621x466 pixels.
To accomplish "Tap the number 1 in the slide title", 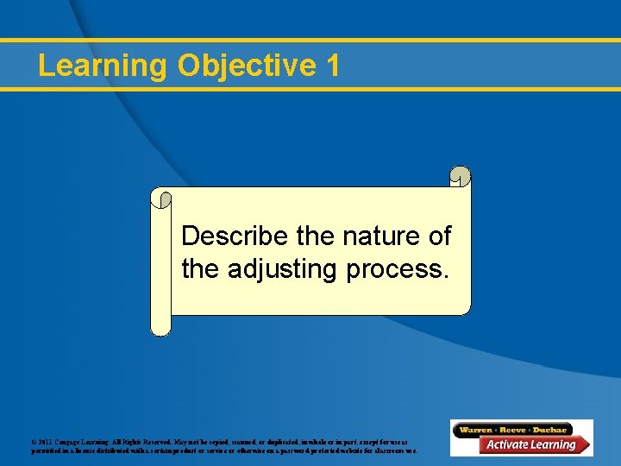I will pos(333,66).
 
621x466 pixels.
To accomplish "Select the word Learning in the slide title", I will pos(103,66).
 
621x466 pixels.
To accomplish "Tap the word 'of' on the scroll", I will pos(438,236).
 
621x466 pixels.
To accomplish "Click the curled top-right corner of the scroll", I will pos(461,177).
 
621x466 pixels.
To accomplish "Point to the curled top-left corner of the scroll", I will pos(160,198).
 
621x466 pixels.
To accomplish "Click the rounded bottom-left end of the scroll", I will pos(160,326).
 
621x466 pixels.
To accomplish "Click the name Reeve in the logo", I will pos(520,430).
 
